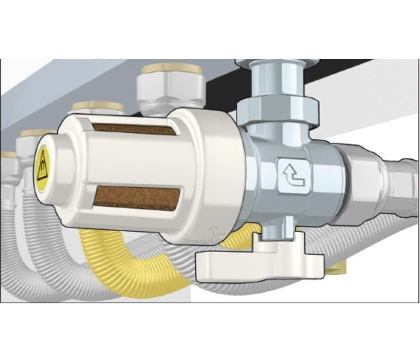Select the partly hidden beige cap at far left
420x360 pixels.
tap(7, 155)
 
